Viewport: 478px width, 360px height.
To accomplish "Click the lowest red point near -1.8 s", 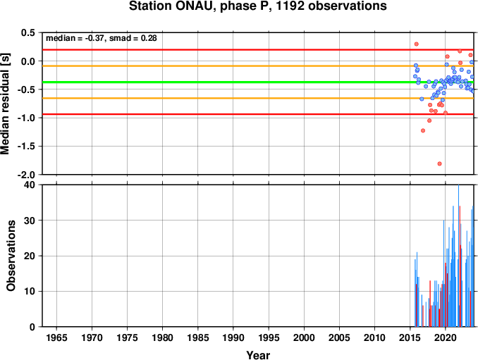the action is pyautogui.click(x=439, y=163).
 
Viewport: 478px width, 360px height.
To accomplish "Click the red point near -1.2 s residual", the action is pyautogui.click(x=423, y=130).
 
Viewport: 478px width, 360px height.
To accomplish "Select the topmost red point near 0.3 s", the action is pyautogui.click(x=417, y=44).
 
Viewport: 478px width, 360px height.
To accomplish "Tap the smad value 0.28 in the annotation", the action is pyautogui.click(x=149, y=38).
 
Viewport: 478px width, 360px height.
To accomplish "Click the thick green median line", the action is pyautogui.click(x=258, y=82).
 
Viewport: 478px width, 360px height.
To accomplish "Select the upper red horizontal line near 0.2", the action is pyautogui.click(x=258, y=49).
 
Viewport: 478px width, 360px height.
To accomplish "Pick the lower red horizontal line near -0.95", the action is pyautogui.click(x=258, y=114).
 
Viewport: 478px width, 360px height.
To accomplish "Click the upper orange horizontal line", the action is pyautogui.click(x=258, y=66).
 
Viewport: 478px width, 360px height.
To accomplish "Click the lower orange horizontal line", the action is pyautogui.click(x=258, y=98).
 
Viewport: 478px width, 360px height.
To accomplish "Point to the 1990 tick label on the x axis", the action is pyautogui.click(x=233, y=337).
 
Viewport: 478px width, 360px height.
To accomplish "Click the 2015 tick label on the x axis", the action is pyautogui.click(x=410, y=337).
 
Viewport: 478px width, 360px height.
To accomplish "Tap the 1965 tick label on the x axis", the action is pyautogui.click(x=56, y=337).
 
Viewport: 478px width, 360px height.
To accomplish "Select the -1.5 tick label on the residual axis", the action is pyautogui.click(x=25, y=147).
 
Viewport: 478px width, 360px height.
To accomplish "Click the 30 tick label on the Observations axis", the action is pyautogui.click(x=30, y=221).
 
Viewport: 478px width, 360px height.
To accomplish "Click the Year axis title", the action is pyautogui.click(x=258, y=355).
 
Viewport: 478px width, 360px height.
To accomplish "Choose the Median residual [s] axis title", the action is pyautogui.click(x=5, y=104).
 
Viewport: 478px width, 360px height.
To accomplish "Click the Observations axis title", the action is pyautogui.click(x=11, y=256).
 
